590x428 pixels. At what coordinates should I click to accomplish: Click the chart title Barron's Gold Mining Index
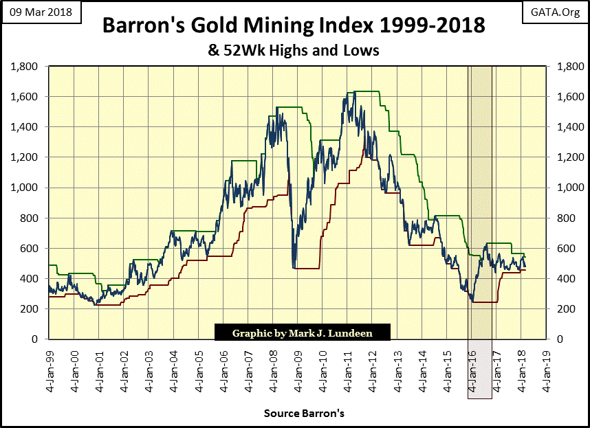click(x=294, y=27)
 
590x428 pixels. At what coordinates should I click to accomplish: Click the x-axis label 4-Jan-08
click(x=273, y=368)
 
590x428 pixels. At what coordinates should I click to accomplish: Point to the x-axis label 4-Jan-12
click(x=373, y=368)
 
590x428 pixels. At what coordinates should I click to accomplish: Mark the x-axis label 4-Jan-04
click(x=174, y=368)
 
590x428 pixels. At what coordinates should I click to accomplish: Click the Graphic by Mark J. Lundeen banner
click(x=303, y=333)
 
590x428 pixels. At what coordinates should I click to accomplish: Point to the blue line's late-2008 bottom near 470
click(x=294, y=267)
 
